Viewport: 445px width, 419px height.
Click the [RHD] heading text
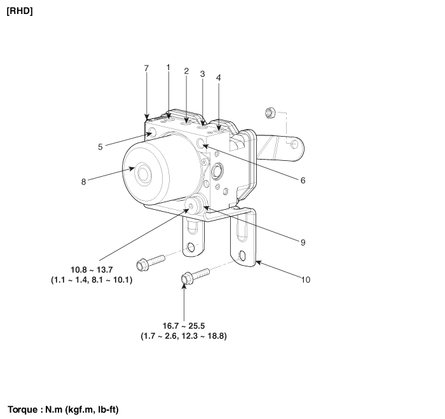(x=20, y=11)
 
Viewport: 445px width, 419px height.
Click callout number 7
(x=146, y=69)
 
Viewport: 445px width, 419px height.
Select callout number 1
(x=168, y=67)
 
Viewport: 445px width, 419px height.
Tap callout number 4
(x=218, y=78)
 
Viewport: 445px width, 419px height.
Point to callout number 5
(x=100, y=147)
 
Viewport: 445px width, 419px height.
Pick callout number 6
(x=303, y=181)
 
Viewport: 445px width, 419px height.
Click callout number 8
(x=83, y=182)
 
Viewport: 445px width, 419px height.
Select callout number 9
(x=303, y=242)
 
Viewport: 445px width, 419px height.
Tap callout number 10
(x=306, y=280)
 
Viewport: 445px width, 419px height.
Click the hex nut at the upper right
(x=270, y=113)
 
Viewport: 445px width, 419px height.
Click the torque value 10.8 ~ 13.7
(x=92, y=270)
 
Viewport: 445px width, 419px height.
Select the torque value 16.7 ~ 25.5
(x=184, y=326)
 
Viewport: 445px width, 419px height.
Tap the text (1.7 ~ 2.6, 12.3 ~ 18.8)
(x=184, y=336)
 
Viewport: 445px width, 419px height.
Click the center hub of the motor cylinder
(x=143, y=174)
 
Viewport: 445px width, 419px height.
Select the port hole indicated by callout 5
(x=152, y=132)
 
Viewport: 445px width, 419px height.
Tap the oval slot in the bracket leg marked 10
(x=242, y=256)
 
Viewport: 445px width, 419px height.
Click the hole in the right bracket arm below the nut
(x=294, y=144)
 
